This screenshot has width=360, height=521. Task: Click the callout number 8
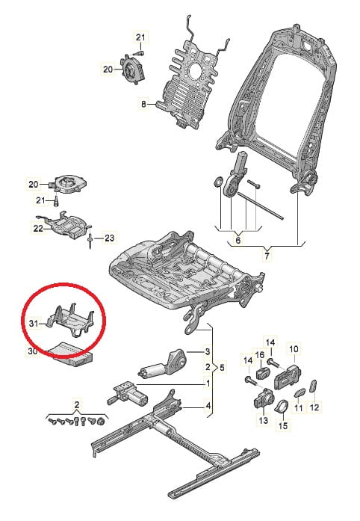click(x=143, y=104)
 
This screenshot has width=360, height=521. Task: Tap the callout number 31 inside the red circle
click(x=34, y=323)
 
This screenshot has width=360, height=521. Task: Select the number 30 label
click(x=32, y=351)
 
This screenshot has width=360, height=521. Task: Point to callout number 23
click(x=109, y=238)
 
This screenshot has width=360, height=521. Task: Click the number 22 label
click(x=39, y=229)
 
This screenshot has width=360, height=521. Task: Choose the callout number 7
click(x=267, y=256)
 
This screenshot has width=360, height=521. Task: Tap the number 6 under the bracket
click(x=238, y=240)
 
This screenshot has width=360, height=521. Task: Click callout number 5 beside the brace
click(x=222, y=367)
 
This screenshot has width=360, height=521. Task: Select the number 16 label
click(x=260, y=355)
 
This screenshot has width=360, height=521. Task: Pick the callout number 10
click(x=294, y=349)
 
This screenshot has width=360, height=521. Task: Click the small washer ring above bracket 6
click(x=218, y=182)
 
